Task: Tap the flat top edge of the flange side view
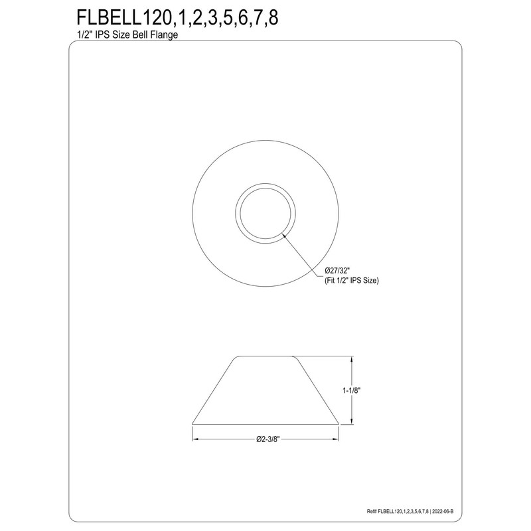265,356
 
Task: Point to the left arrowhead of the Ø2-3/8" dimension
195,439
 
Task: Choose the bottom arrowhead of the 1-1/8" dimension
352,421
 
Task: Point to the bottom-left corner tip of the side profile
192,424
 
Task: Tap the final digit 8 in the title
272,19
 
